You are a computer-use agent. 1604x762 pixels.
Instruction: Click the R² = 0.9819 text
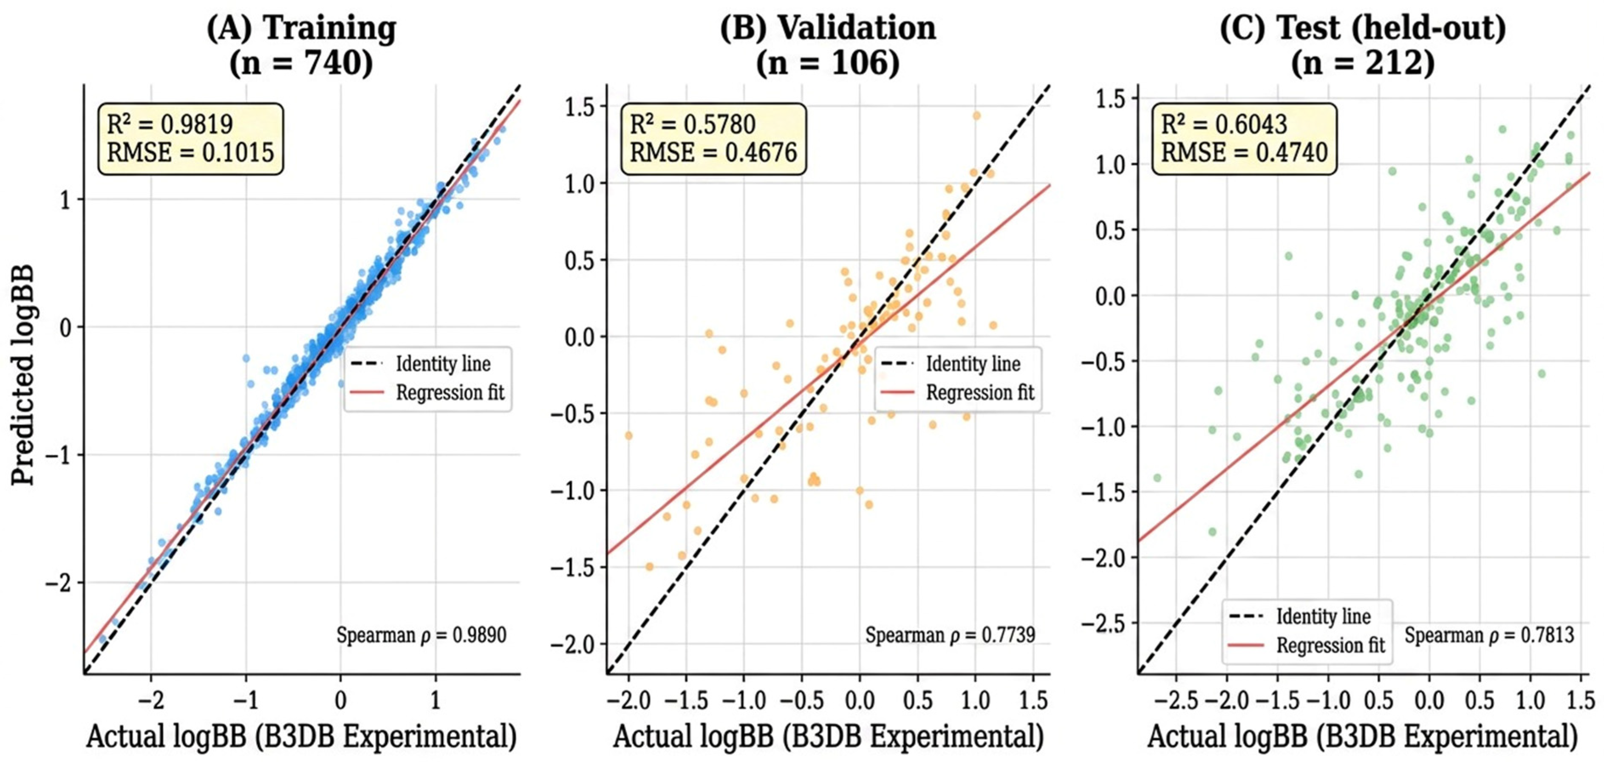coord(170,124)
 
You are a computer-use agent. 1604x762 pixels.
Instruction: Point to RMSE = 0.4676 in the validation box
coord(713,152)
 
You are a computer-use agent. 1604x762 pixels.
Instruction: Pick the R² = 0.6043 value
coord(1224,124)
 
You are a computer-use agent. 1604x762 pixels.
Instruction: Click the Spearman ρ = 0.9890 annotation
coord(422,635)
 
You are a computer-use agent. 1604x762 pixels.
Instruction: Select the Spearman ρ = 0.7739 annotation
coord(950,635)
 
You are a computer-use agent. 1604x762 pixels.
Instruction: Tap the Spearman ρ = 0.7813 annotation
coord(1489,635)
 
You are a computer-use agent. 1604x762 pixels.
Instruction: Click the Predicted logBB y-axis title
coord(23,375)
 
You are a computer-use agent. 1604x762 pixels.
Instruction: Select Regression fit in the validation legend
coord(980,393)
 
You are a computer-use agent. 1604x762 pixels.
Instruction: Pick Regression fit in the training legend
coord(450,393)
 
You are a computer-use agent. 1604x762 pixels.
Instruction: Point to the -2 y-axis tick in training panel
coord(60,583)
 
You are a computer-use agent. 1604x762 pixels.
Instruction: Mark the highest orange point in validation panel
coord(976,116)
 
